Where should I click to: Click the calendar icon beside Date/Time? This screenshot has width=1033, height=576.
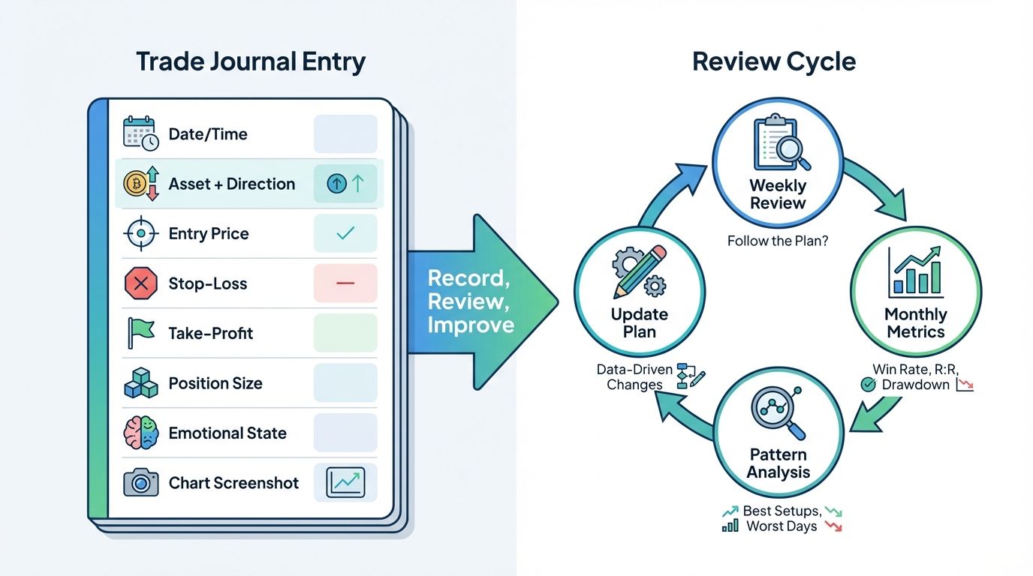click(x=140, y=133)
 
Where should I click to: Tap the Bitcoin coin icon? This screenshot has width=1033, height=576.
click(x=135, y=184)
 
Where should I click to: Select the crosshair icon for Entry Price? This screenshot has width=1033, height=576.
click(x=140, y=234)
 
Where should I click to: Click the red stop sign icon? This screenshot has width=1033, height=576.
click(x=140, y=283)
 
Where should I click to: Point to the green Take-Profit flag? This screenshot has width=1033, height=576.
click(x=140, y=333)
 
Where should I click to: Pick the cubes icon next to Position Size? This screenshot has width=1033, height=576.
click(x=140, y=383)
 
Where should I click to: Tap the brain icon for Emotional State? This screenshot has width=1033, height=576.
click(x=140, y=433)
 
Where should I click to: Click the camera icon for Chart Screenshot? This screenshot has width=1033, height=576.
click(x=140, y=483)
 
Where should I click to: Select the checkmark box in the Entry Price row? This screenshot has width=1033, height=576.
click(x=345, y=234)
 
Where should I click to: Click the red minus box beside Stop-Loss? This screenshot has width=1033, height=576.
click(x=345, y=283)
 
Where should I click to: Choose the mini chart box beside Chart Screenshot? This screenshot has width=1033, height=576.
click(x=345, y=482)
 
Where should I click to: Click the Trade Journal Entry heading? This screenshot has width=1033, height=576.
click(x=251, y=61)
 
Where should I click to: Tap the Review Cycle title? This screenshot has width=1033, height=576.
click(x=774, y=61)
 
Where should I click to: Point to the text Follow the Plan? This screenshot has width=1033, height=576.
click(x=778, y=241)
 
